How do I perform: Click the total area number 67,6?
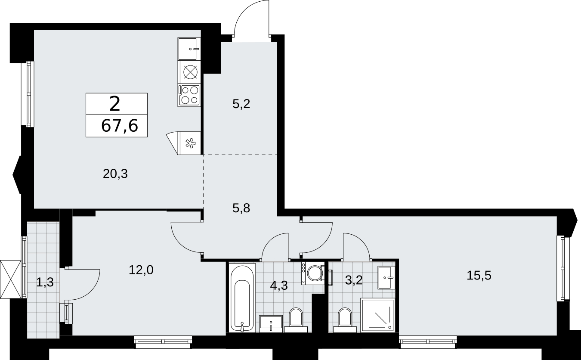point(120,126)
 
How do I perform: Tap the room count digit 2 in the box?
point(115,103)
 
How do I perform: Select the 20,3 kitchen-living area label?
point(115,174)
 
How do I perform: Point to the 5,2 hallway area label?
point(241,104)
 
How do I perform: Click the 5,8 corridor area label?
point(241,208)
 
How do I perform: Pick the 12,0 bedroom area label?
point(141,270)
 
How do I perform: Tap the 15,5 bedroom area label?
point(479,275)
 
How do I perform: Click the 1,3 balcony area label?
point(45,282)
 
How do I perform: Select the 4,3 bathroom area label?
point(279,286)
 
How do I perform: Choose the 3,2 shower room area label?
point(354,280)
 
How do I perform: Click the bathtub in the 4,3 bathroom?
point(242,298)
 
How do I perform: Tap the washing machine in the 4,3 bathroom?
point(313,273)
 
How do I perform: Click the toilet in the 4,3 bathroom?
point(296,320)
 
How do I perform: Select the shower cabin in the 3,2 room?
point(377,315)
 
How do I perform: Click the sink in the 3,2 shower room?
point(386,277)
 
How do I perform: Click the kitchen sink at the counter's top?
point(189,49)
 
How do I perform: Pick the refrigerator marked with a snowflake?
point(184,143)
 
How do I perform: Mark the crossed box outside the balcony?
point(11,279)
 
